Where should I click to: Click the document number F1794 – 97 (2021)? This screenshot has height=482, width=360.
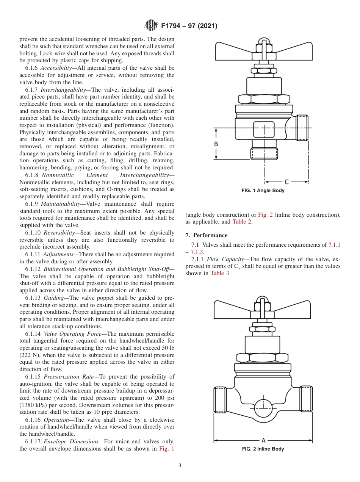click(x=189, y=26)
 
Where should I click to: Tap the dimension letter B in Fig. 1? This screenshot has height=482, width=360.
click(x=216, y=144)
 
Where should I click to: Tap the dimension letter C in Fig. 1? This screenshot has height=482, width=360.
click(x=286, y=182)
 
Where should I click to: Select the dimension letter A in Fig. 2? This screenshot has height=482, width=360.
click(x=263, y=440)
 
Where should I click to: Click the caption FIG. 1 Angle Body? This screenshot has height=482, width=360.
click(x=263, y=191)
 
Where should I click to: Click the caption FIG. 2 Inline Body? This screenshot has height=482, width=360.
click(x=263, y=449)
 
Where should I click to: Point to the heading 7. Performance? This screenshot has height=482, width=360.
click(x=207, y=235)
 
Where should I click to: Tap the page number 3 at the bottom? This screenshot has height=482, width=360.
click(x=180, y=466)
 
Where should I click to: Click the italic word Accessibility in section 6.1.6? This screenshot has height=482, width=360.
click(x=56, y=68)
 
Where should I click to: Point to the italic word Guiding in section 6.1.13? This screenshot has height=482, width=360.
click(x=53, y=298)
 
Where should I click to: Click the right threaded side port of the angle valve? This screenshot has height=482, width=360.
click(x=302, y=128)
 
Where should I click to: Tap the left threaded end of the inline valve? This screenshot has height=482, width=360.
click(x=220, y=399)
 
